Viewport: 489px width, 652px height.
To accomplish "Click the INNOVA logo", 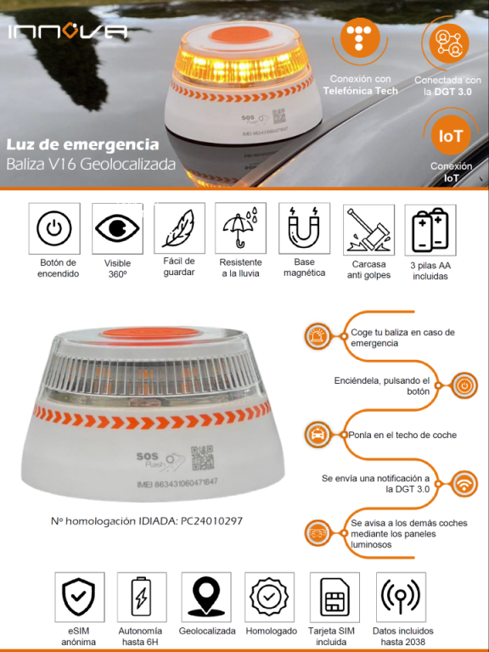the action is [x=67, y=32].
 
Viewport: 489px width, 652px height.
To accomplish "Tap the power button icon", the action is [x=54, y=228].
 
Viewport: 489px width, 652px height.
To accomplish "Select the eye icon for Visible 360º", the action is [x=117, y=228].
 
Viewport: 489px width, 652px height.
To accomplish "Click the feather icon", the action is [x=179, y=228].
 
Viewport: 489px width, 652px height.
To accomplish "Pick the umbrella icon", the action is [x=240, y=228].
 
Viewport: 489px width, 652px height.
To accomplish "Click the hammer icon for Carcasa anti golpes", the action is [x=368, y=230].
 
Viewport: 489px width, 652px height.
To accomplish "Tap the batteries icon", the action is [x=430, y=229].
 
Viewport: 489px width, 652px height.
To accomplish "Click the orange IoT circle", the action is [x=451, y=136].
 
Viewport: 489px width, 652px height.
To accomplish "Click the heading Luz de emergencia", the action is [x=82, y=145].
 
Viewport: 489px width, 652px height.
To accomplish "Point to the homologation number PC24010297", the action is [x=211, y=520].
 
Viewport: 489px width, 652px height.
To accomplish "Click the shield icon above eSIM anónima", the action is [x=79, y=597].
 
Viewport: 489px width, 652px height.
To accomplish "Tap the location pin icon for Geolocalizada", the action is [x=205, y=597].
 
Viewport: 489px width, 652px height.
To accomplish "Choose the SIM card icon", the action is [x=334, y=597].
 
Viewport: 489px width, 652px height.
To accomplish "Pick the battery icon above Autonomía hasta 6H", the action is [x=142, y=596].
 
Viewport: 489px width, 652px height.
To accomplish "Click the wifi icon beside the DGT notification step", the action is [x=464, y=484].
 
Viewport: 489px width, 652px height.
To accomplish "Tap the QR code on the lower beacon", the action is [x=202, y=458].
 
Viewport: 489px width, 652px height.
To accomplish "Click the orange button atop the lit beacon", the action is [x=240, y=35].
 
